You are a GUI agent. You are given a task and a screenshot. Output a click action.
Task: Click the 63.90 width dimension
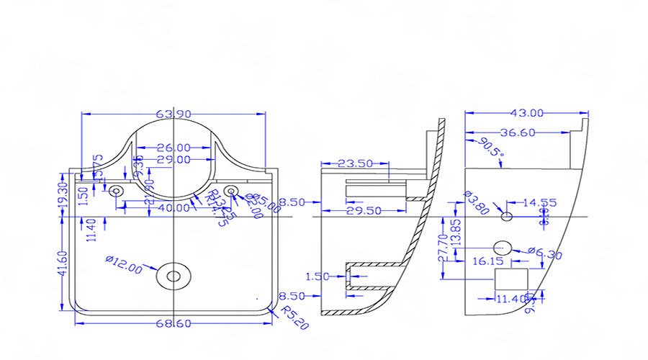click(172, 114)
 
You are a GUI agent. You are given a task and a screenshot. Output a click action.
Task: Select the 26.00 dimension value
click(173, 147)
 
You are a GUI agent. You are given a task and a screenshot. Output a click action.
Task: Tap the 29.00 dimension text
click(173, 159)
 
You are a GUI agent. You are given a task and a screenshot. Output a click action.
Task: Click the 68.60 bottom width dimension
click(172, 325)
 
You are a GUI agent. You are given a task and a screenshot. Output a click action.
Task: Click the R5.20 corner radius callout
click(294, 317)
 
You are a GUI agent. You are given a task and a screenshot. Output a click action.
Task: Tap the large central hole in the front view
click(174, 275)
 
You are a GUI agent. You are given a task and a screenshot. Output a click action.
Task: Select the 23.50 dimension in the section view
click(355, 163)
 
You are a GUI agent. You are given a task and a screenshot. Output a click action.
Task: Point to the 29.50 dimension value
click(364, 210)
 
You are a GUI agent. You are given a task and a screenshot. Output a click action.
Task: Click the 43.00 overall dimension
click(526, 113)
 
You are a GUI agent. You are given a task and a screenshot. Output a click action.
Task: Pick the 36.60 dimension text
click(518, 132)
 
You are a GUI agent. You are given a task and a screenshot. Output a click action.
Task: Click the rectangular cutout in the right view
click(511, 279)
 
